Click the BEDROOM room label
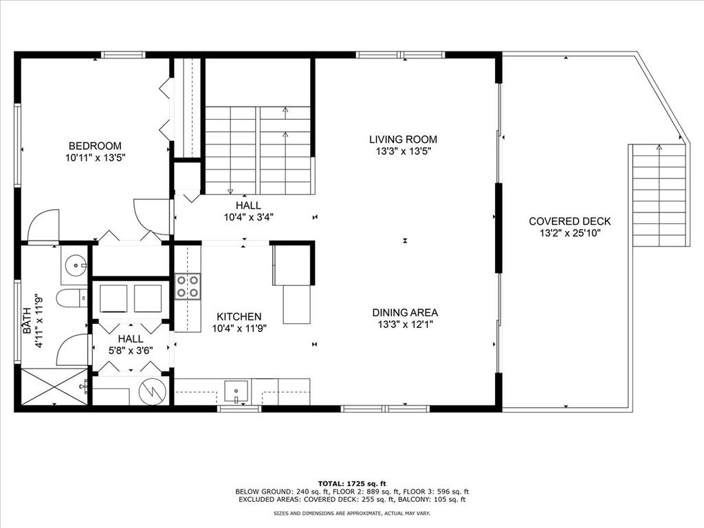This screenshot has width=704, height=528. (x=95, y=146)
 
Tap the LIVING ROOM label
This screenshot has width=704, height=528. (x=403, y=140)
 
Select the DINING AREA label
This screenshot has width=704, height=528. (x=405, y=313)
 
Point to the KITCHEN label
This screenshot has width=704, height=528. (x=239, y=316)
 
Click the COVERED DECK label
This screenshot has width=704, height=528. (x=570, y=221)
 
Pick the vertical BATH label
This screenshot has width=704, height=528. (x=27, y=320)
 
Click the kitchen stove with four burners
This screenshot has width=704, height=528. (x=188, y=287)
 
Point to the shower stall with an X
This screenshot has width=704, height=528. (x=54, y=386)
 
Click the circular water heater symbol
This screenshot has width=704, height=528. (x=152, y=392)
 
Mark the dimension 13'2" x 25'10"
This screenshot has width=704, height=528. (x=570, y=234)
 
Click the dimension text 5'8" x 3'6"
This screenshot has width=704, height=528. (x=131, y=351)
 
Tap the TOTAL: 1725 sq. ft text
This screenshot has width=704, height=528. (x=352, y=483)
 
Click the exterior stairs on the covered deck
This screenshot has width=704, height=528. (x=659, y=195)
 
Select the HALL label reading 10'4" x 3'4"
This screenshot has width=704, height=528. (x=249, y=212)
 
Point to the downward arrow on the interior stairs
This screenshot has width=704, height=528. (x=230, y=192)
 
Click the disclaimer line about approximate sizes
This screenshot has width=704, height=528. (x=352, y=513)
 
